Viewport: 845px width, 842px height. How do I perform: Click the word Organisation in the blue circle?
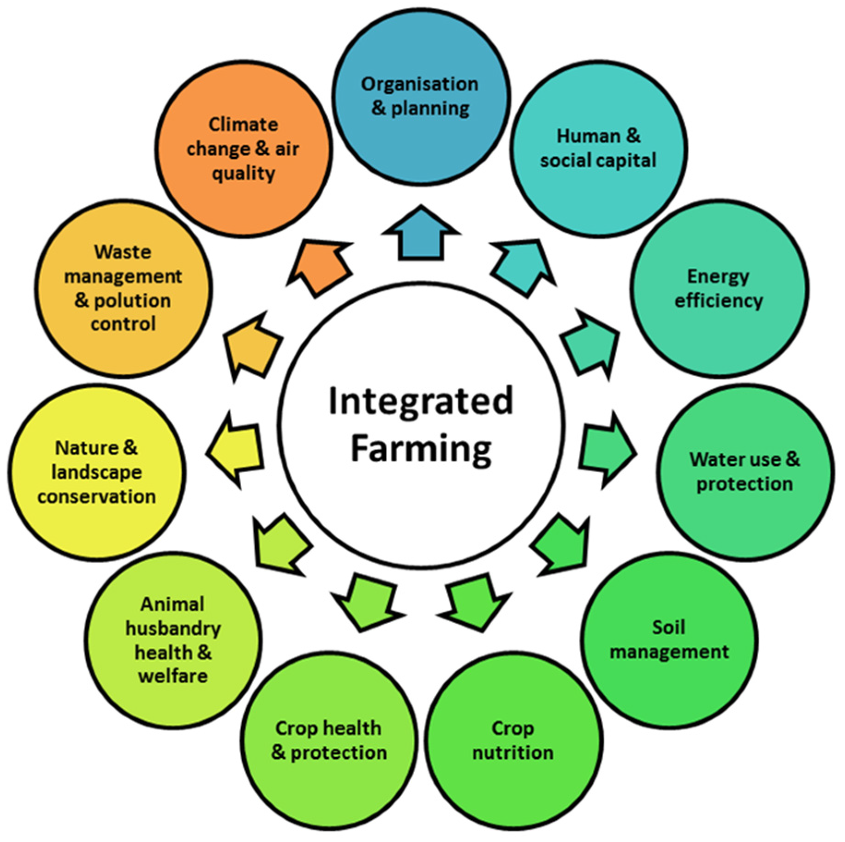tap(420, 84)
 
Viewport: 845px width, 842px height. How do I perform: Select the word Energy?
tap(718, 277)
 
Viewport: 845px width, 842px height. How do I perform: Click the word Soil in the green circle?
tap(668, 627)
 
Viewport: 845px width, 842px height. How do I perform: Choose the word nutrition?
tap(513, 752)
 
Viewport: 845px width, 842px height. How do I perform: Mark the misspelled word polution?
tap(132, 301)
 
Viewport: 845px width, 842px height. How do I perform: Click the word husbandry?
tap(173, 629)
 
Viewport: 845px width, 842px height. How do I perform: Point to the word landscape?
tap(96, 472)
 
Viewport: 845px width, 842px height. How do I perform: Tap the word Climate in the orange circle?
tap(243, 125)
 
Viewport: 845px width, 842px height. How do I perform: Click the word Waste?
tap(123, 252)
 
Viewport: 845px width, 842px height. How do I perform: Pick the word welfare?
tap(173, 676)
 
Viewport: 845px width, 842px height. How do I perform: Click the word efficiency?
tap(718, 301)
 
